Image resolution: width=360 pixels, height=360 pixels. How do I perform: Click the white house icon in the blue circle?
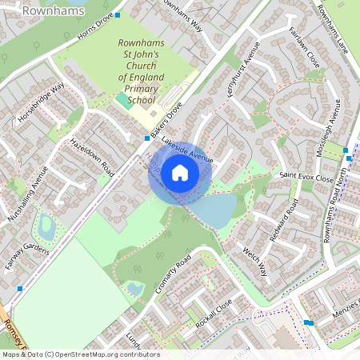(180, 172)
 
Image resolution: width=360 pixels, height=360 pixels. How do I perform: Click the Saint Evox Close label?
(306, 177)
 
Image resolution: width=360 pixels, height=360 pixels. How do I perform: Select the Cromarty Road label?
(174, 274)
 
